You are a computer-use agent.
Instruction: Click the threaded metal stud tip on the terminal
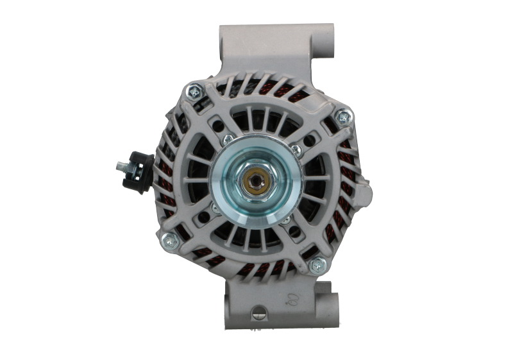pos(119,167)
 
